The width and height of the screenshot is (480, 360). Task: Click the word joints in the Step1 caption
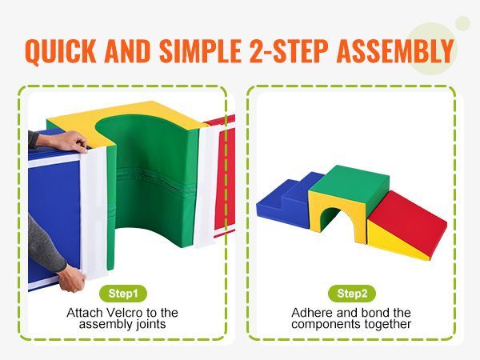pos(150,325)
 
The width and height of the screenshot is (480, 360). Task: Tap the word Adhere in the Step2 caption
pos(310,313)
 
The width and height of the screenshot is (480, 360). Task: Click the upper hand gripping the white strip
pos(70,142)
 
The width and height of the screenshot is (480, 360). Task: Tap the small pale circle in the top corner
pos(462,22)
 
